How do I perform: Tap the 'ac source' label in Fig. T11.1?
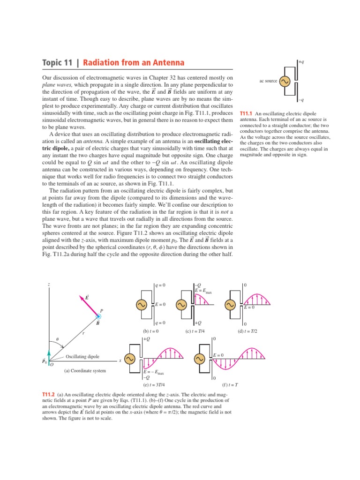268,81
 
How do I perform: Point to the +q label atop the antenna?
301,61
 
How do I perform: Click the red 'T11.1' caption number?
246,114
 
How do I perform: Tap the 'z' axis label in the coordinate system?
48,285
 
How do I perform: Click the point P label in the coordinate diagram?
102,311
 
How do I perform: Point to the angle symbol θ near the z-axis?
58,338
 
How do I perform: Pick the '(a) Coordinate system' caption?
85,371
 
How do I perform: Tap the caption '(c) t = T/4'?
196,331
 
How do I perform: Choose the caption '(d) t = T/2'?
247,331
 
